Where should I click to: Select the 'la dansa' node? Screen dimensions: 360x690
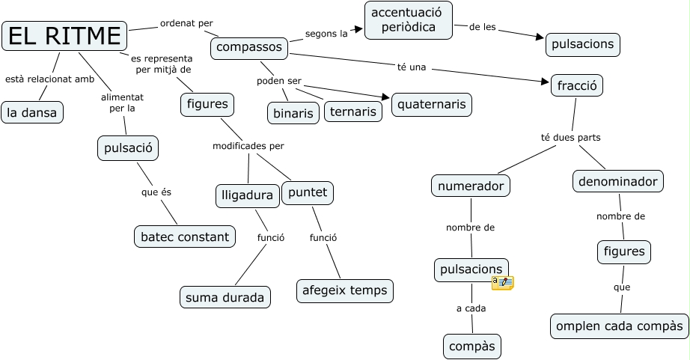click(32, 112)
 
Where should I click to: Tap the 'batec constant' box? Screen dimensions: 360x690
click(184, 237)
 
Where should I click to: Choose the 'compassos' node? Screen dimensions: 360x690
click(250, 49)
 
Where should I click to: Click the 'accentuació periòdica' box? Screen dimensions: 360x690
click(408, 19)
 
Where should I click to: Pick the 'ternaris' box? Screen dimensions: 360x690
click(352, 112)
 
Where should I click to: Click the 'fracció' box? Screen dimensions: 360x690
click(576, 85)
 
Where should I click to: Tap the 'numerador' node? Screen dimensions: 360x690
click(471, 186)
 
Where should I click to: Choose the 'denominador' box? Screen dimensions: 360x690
click(618, 181)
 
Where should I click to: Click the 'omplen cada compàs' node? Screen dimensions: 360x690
click(619, 326)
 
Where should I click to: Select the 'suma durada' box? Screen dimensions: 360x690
click(225, 297)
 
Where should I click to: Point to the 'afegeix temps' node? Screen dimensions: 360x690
click(345, 290)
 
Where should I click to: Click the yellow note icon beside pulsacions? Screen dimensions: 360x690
click(502, 282)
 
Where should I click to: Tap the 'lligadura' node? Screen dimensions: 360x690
click(247, 195)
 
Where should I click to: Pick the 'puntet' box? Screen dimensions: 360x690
click(308, 192)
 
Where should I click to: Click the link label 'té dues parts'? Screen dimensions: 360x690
click(570, 138)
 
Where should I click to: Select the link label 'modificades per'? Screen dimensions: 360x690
click(248, 146)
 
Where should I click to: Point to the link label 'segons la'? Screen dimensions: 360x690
click(326, 34)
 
